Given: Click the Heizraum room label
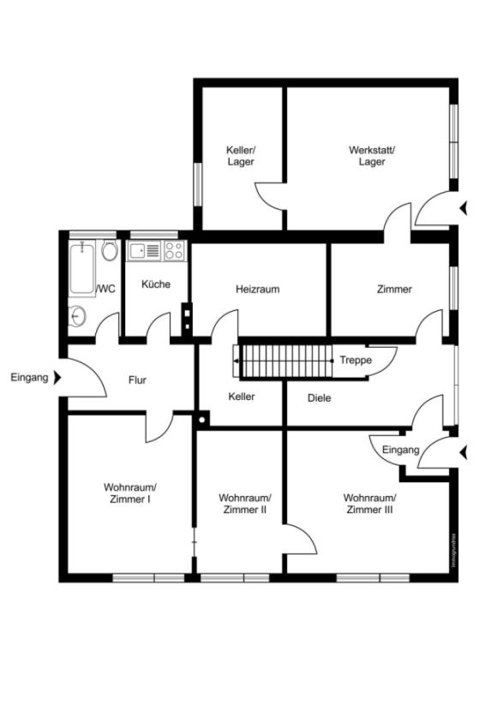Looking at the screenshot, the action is pos(257,289).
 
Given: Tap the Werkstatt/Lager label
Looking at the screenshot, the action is pos(372,156).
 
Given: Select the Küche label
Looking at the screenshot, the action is pos(156,284).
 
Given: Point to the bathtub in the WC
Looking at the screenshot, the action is pos(82,269).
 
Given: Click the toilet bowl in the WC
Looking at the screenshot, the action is pos(110,250).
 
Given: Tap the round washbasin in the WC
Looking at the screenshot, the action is pos(78,315).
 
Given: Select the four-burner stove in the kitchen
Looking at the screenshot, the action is pos(174,250).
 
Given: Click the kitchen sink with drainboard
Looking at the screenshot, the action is pos(144,250).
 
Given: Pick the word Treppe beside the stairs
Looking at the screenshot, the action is pos(356,360).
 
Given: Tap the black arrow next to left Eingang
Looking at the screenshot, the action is pos(57,377).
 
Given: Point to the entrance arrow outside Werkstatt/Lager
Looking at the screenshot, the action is pos(463,208).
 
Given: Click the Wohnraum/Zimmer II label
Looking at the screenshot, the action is pos(245,504).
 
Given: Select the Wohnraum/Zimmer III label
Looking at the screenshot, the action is pos(369,504).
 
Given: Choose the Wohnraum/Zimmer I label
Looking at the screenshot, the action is pos(130,493).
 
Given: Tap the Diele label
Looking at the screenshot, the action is pos(320,398).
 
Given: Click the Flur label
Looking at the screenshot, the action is pos(137,380).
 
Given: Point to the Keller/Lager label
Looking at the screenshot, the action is pos(241,156).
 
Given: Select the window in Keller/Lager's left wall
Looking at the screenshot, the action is pos(197,184).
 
